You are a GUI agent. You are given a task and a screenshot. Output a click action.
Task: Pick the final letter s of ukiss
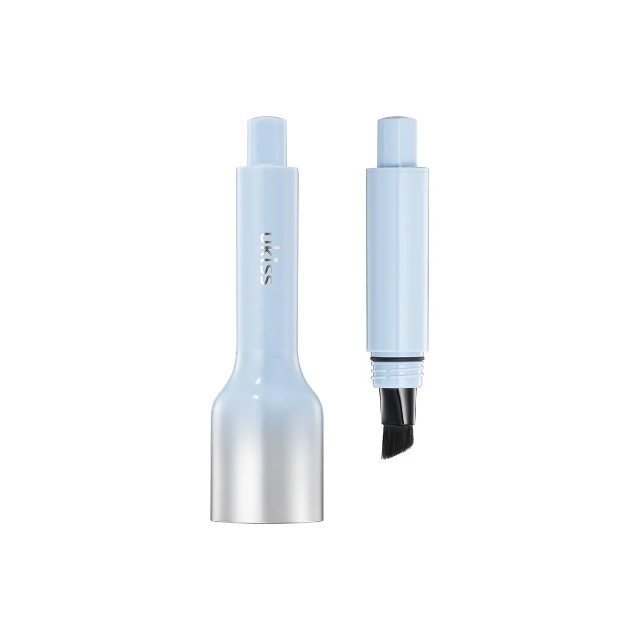[x=266, y=279]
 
